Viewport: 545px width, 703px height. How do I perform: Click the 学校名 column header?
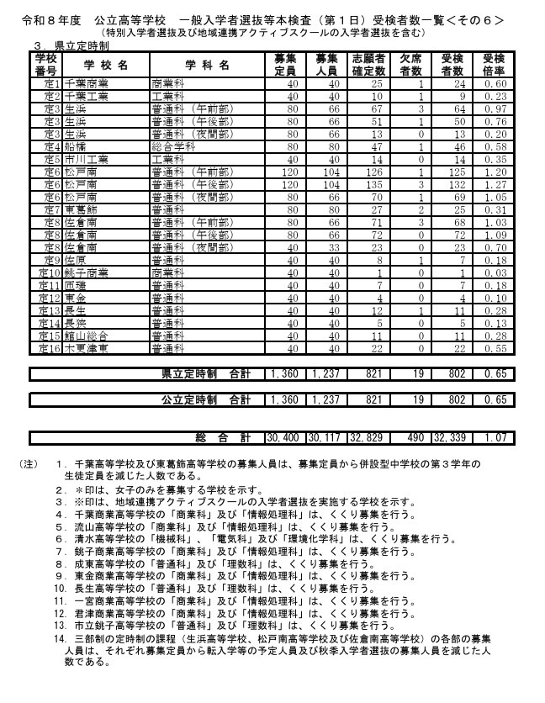105,64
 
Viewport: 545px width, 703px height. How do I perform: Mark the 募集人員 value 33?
331,247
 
